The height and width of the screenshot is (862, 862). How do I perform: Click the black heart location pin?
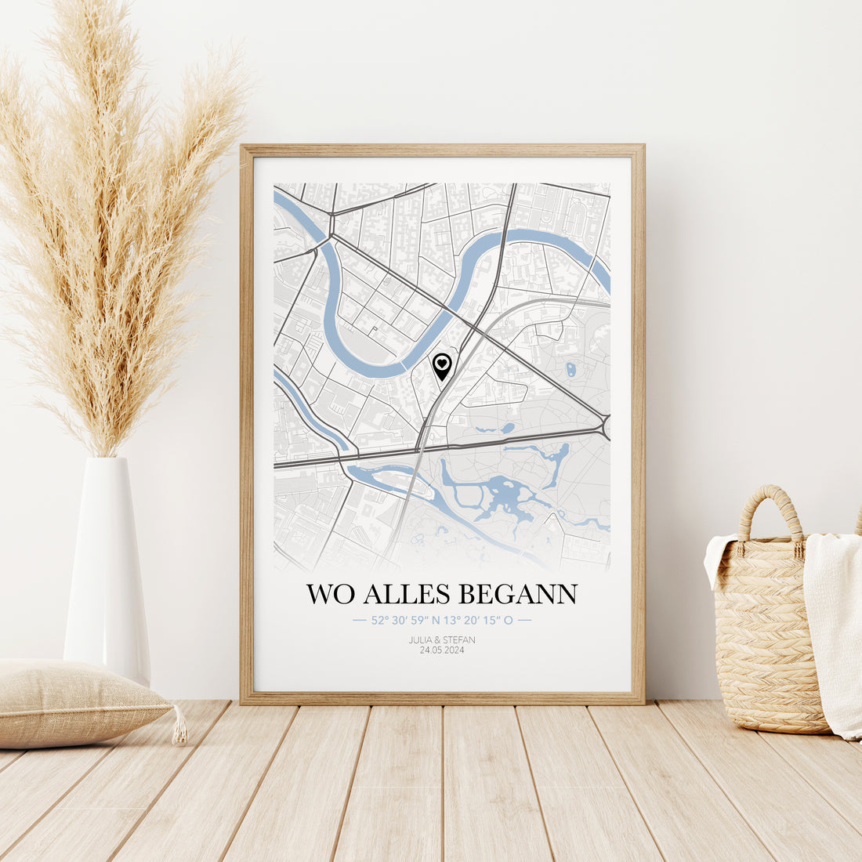[x=442, y=365]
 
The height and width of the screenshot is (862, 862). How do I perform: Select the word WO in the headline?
[x=330, y=594]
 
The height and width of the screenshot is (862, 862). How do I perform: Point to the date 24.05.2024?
[x=442, y=650]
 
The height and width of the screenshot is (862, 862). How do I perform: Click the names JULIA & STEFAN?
[x=442, y=639]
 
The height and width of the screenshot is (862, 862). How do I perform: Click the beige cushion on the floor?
[x=78, y=701]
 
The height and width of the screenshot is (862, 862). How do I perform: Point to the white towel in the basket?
[x=834, y=627]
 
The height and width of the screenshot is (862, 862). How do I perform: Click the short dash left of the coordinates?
[x=360, y=620]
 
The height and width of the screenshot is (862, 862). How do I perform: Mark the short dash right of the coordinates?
[x=524, y=620]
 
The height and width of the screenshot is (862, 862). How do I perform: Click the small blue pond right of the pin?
[x=571, y=368]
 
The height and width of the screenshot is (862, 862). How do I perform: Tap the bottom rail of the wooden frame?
[x=442, y=697]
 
